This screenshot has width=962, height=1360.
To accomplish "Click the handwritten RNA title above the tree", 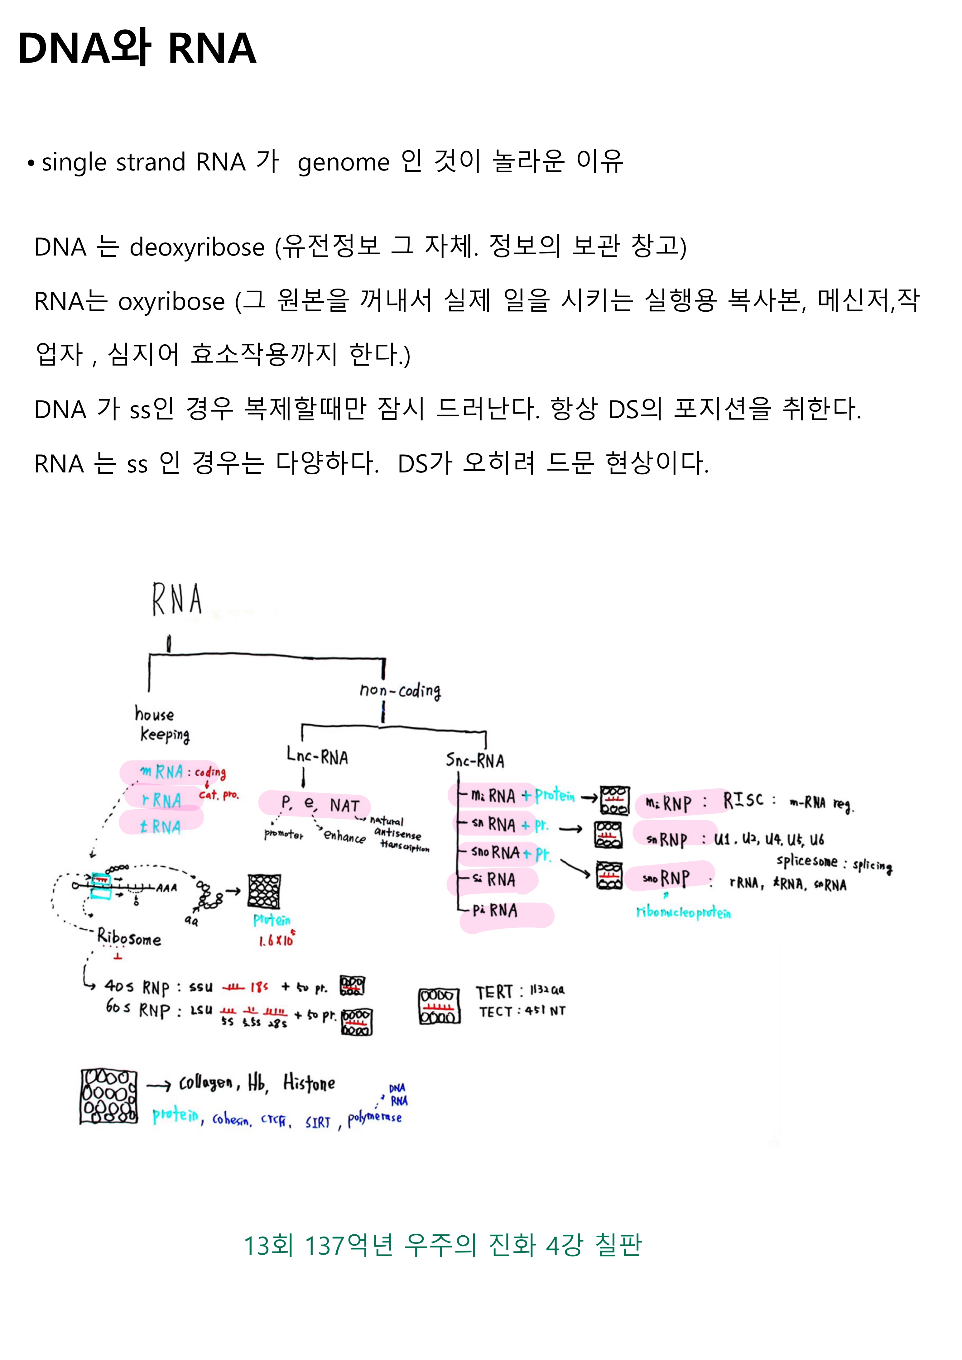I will (x=176, y=600).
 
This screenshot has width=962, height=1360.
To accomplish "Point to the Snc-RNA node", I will (x=474, y=760).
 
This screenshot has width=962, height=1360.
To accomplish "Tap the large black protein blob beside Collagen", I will (x=108, y=1096).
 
